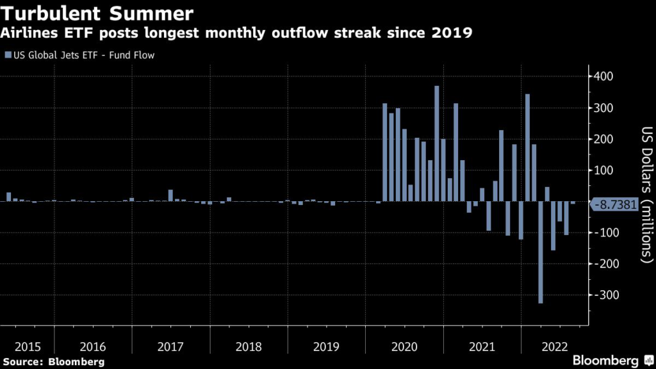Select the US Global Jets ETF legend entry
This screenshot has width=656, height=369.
coord(84,55)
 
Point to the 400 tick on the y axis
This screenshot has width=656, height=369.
coord(604,77)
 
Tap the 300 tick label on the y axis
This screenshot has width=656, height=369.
coord(604,108)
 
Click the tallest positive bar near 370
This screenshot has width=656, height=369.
coord(436,144)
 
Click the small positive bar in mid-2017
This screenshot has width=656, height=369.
coord(170,195)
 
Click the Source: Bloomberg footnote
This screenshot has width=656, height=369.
coord(53,362)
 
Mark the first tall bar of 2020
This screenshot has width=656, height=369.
coord(384,152)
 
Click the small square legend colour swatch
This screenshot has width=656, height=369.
coord(8,55)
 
